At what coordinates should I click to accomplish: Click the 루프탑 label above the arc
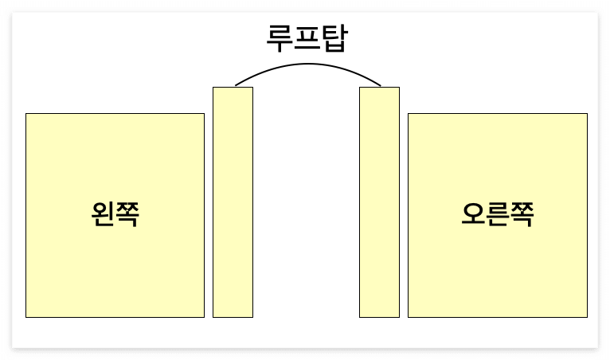click(x=307, y=37)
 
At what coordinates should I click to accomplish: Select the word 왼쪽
click(x=115, y=215)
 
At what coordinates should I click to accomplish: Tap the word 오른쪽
click(x=497, y=215)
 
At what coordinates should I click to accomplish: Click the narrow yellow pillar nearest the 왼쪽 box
click(x=233, y=202)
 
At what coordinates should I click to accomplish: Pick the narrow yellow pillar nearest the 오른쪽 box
click(x=379, y=202)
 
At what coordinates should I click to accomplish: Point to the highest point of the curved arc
click(x=307, y=65)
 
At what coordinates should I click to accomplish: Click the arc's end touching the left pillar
click(x=236, y=85)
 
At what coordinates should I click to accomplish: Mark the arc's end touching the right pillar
click(x=381, y=85)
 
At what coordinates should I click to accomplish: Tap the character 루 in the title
click(x=280, y=37)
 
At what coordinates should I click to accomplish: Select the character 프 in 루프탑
click(x=307, y=37)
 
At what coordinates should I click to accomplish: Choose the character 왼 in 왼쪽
click(x=103, y=215)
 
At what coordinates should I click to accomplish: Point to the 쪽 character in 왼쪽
click(x=127, y=215)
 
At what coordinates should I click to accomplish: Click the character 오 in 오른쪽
click(x=473, y=215)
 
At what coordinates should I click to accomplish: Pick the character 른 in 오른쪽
click(x=497, y=215)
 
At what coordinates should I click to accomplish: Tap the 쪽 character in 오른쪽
click(x=522, y=215)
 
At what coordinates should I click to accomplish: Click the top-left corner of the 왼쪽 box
click(x=26, y=114)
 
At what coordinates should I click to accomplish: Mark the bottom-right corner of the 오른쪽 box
click(x=587, y=317)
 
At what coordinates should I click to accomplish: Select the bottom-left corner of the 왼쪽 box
click(x=26, y=317)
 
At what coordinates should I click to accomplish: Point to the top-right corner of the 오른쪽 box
click(x=587, y=114)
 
